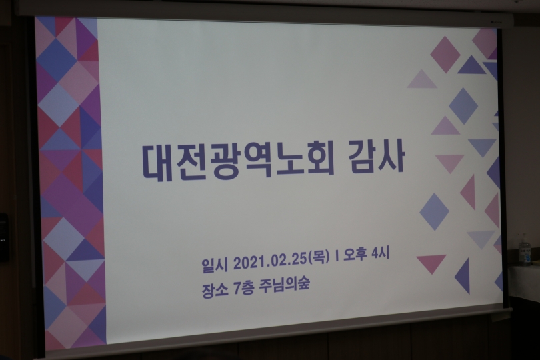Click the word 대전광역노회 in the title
(238, 162)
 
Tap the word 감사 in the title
(375, 158)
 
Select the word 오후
(355, 255)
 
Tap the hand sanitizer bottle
(525, 249)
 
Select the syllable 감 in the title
(360, 159)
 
